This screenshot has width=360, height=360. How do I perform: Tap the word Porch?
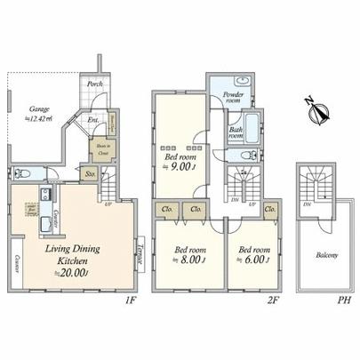[94, 85]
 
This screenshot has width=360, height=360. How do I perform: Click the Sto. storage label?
[91, 174]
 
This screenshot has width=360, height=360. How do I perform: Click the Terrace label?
[140, 253]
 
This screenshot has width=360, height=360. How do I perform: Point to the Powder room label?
[233, 98]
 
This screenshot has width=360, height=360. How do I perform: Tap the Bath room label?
[236, 134]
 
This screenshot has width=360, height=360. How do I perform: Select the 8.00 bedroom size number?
[189, 261]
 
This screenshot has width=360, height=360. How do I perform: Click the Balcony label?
[325, 255]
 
